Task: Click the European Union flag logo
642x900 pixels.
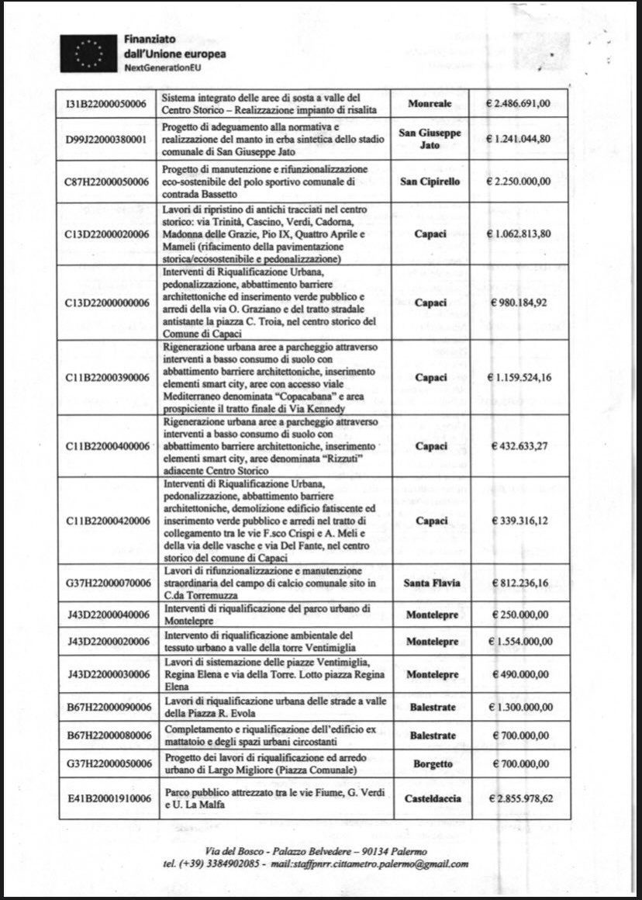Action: click(x=91, y=54)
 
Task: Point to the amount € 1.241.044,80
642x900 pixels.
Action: click(x=519, y=139)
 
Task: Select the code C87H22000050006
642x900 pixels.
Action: click(x=108, y=182)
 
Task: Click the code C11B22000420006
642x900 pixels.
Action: click(x=108, y=521)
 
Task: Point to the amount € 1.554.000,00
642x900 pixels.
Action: click(x=519, y=642)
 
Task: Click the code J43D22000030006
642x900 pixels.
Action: click(x=108, y=674)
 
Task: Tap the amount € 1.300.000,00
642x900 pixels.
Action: click(x=519, y=707)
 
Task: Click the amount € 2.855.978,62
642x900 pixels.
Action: click(x=519, y=798)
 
